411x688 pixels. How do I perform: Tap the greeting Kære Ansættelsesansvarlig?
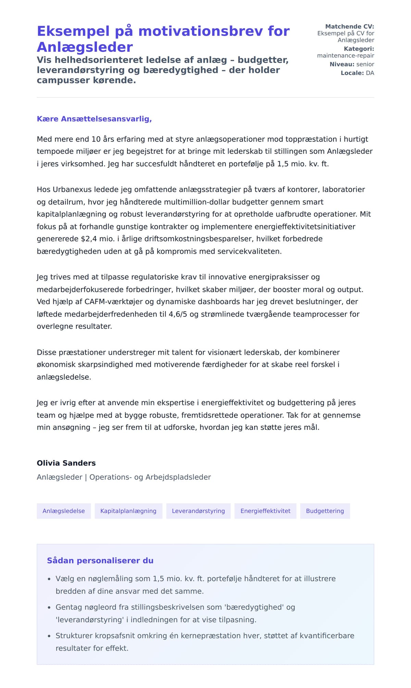tap(94, 119)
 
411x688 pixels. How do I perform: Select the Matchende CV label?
tap(349, 26)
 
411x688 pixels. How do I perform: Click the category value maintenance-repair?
tap(345, 55)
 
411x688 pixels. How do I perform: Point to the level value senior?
tap(365, 64)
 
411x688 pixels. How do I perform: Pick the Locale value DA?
tap(370, 73)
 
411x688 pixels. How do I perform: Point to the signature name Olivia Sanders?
tap(66, 463)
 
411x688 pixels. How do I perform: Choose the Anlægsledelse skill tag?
tap(64, 511)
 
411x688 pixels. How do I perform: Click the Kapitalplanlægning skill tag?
tap(128, 511)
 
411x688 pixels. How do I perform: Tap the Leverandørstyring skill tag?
tap(198, 511)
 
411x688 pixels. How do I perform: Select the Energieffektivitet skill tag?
tap(265, 511)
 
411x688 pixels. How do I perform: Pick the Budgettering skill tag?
tap(325, 511)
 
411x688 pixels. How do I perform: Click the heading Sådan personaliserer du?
tap(100, 561)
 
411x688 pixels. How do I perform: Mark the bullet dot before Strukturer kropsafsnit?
tap(49, 636)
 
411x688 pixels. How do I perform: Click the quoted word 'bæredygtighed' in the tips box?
tap(254, 607)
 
